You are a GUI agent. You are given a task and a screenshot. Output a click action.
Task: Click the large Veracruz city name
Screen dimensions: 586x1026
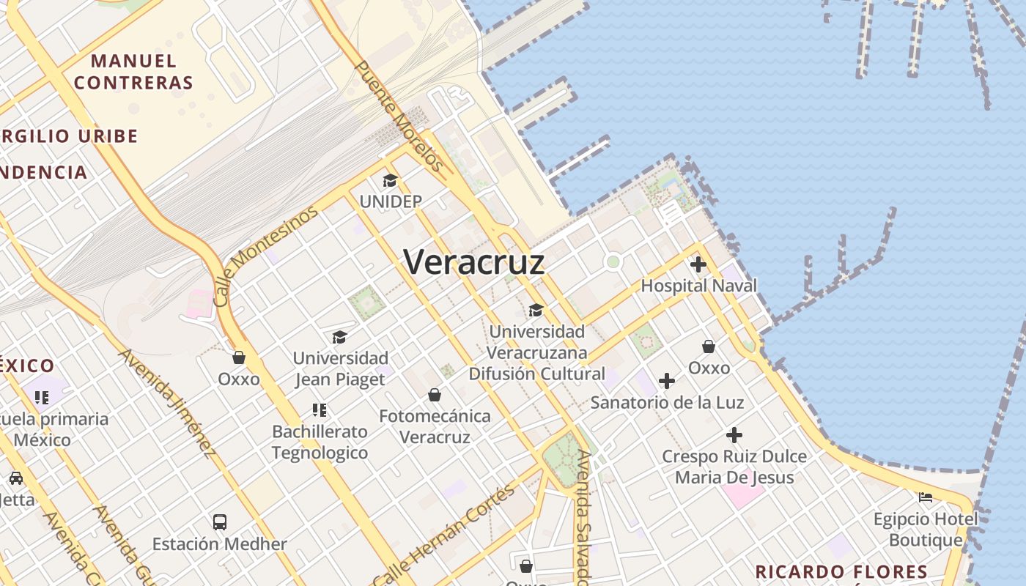tap(474, 262)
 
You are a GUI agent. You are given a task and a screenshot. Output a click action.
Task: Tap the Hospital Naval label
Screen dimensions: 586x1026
tap(698, 286)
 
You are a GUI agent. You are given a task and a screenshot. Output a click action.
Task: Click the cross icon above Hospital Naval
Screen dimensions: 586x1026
tap(698, 264)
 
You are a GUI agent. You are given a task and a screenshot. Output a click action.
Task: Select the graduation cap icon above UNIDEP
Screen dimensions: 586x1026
tap(390, 180)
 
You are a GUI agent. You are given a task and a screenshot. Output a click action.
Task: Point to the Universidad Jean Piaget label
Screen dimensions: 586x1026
tap(340, 368)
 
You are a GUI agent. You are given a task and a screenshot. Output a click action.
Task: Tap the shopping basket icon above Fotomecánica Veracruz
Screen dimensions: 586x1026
tap(435, 395)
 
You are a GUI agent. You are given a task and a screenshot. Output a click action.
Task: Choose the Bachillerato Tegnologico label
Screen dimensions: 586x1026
tap(320, 442)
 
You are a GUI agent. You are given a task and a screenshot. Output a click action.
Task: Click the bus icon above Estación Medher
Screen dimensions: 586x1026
tap(220, 522)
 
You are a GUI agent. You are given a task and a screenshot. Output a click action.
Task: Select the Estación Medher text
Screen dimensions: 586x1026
tap(220, 544)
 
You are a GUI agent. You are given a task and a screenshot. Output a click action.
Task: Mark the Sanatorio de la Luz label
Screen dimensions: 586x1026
tap(667, 402)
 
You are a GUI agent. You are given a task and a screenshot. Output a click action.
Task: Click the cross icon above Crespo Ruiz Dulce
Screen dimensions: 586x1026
tap(734, 435)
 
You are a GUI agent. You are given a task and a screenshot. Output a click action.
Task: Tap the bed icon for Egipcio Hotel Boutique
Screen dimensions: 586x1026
tap(926, 497)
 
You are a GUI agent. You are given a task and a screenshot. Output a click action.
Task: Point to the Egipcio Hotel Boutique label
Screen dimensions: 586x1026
tap(926, 530)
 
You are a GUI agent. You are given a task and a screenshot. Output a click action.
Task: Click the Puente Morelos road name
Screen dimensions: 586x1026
tap(399, 116)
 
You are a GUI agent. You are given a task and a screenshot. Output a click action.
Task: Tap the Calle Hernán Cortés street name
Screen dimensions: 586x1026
tap(446, 537)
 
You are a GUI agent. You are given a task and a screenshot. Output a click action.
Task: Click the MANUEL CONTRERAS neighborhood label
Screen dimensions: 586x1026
tap(133, 72)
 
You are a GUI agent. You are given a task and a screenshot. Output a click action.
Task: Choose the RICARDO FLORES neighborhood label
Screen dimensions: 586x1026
tap(841, 571)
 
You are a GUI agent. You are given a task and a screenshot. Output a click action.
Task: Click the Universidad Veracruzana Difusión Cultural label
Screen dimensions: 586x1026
tap(537, 353)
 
